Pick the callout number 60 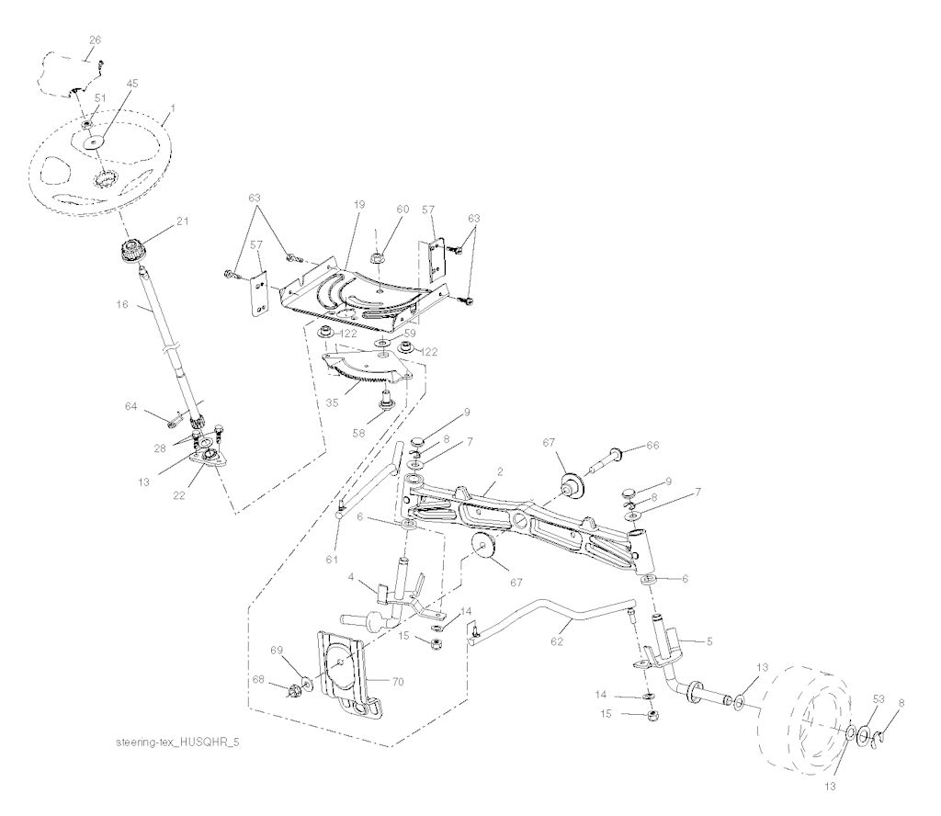(402, 209)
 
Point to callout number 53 (879, 700)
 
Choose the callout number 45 (132, 83)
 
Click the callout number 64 (130, 404)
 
